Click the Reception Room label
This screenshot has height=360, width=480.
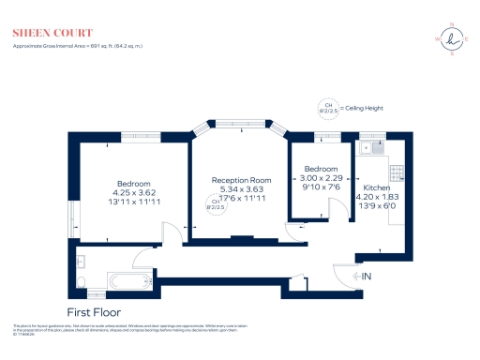pyautogui.click(x=241, y=179)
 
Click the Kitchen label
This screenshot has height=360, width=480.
pyautogui.click(x=377, y=187)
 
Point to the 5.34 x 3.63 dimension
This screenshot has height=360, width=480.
pyautogui.click(x=242, y=188)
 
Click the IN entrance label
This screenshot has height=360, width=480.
pyautogui.click(x=366, y=276)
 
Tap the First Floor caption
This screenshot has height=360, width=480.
pyautogui.click(x=94, y=312)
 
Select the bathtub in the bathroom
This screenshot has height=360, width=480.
pyautogui.click(x=127, y=282)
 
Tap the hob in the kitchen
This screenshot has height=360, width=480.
pyautogui.click(x=397, y=172)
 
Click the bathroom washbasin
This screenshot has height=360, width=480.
pyautogui.click(x=82, y=262)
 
